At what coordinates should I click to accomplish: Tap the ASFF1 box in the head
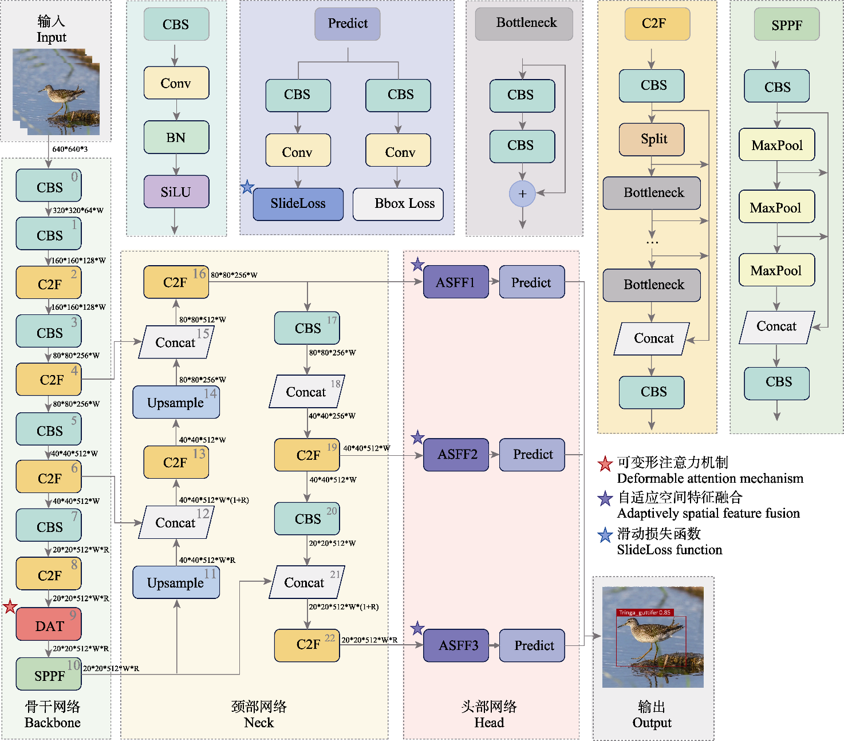[x=456, y=282]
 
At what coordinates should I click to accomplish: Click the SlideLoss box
[x=298, y=204]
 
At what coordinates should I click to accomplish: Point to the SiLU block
[x=176, y=192]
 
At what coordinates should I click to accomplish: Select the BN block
[x=176, y=137]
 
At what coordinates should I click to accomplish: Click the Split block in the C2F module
[x=652, y=139]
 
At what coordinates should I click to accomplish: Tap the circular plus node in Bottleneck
[x=522, y=194]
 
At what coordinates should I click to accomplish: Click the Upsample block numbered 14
[x=176, y=402]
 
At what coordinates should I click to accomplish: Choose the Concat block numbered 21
[x=306, y=582]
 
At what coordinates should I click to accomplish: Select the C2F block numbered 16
[x=176, y=282]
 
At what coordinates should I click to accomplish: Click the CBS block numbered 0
[x=49, y=186]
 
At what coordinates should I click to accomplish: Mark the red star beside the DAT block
[x=10, y=606]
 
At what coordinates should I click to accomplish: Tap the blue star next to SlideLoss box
[x=247, y=187]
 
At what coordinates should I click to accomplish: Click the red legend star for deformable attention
[x=605, y=464]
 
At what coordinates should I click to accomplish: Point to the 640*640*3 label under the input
[x=70, y=149]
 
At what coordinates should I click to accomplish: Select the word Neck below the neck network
[x=259, y=723]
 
